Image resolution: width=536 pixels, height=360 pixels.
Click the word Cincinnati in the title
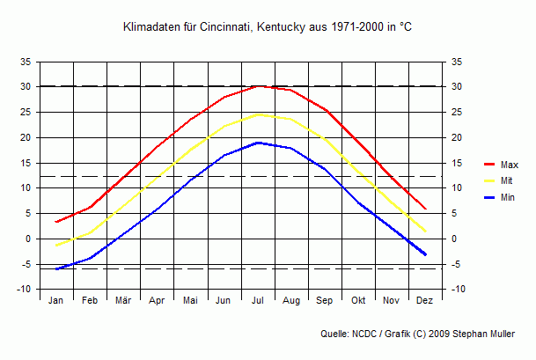coord(226,27)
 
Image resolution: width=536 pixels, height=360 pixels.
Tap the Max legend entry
coord(509,165)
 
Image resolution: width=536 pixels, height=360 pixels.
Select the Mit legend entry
coord(507,180)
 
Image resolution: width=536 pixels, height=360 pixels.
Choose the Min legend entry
coord(508,197)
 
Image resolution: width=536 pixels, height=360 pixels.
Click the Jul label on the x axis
coord(258,300)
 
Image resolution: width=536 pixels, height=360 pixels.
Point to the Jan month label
coord(56,300)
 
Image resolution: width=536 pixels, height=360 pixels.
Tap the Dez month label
coord(425,300)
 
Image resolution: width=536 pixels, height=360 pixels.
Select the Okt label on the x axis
coord(358,300)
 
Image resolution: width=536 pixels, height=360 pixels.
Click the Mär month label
coord(123,300)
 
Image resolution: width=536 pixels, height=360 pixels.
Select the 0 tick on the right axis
coord(454,239)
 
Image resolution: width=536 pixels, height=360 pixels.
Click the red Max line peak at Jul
coord(258,86)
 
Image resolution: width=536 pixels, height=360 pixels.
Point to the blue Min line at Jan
coord(56,268)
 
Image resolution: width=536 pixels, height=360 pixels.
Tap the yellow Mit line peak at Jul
coord(258,114)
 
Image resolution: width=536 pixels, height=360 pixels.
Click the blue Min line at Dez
coord(425,254)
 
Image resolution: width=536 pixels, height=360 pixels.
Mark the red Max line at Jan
coord(56,222)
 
